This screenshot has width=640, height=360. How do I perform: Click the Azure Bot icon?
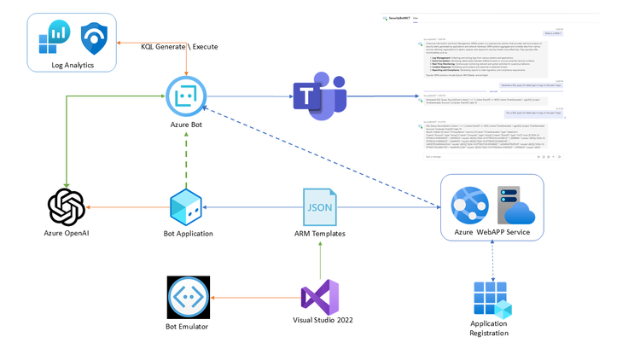[x=186, y=96]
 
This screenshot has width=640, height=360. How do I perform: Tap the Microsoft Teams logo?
[x=320, y=96]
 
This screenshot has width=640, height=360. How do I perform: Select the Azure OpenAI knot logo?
[x=67, y=206]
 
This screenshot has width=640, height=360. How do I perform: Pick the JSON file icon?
[x=320, y=206]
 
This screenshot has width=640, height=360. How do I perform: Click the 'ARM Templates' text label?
[x=320, y=234]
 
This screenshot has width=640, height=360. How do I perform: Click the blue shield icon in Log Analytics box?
[x=94, y=38]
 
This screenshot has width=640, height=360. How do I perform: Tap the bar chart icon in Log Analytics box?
[x=53, y=38]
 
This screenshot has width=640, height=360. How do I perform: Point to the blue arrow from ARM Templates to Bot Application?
[x=253, y=207]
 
